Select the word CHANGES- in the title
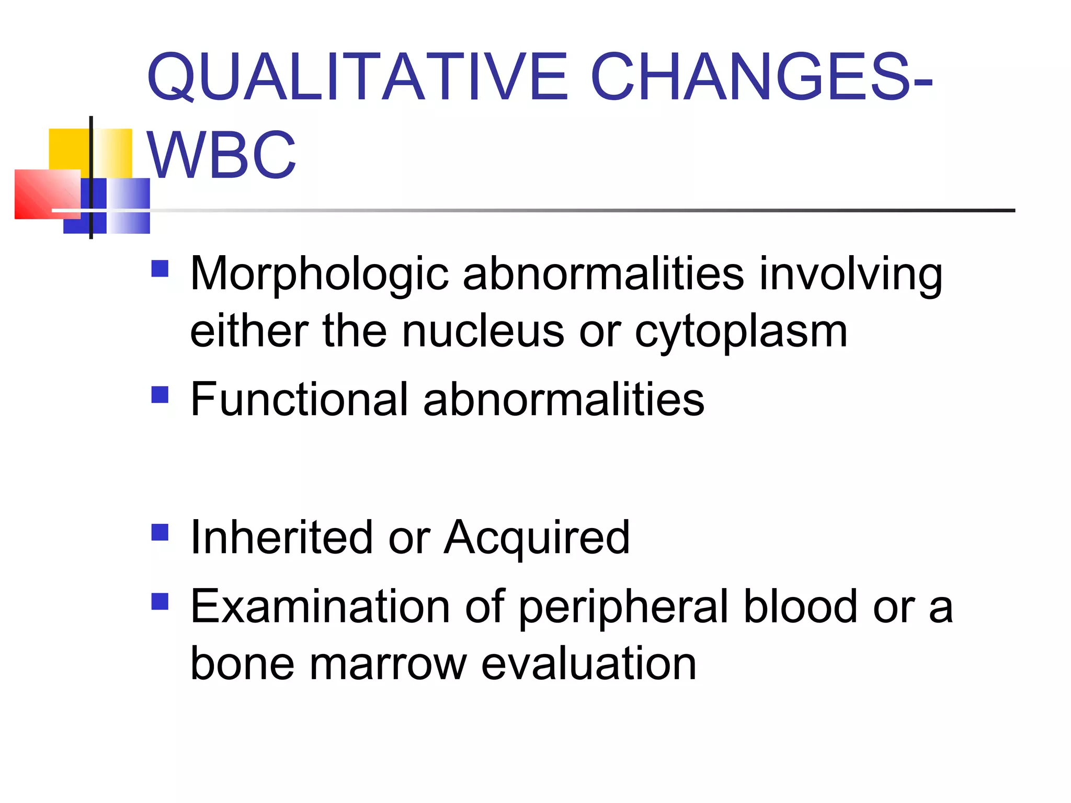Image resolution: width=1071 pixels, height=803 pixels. [761, 77]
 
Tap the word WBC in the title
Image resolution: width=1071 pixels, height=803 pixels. [222, 156]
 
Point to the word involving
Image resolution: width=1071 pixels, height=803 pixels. [851, 274]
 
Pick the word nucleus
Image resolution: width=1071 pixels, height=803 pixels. [483, 331]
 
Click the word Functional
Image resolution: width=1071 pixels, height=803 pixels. [299, 399]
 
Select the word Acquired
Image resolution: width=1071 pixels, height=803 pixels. [537, 538]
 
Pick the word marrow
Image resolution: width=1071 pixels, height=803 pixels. [388, 664]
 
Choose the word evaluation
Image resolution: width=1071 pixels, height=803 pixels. [588, 664]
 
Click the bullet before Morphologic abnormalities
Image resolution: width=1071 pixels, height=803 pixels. [160, 269]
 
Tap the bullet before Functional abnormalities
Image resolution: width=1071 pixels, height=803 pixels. [160, 395]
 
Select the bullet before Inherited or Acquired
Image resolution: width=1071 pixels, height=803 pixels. [160, 533]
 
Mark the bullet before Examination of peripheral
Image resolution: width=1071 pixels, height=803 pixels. [160, 602]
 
